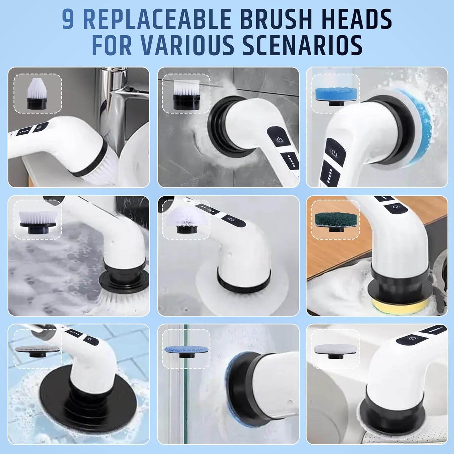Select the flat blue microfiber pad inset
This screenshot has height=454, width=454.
click(x=186, y=350)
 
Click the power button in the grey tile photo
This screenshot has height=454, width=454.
click(x=279, y=139)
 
